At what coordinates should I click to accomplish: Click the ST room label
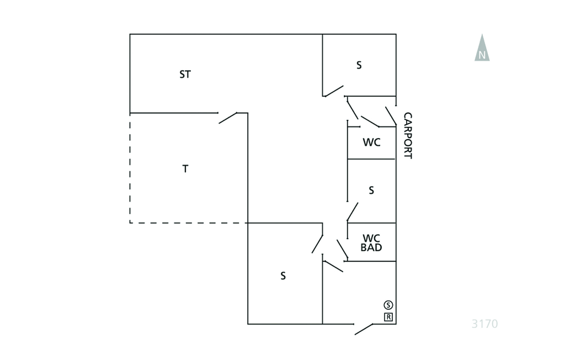click(185, 75)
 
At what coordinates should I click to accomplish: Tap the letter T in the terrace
click(185, 168)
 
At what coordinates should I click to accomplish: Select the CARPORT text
click(408, 136)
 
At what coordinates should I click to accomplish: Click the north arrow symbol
click(482, 47)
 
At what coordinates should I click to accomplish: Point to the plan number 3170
click(484, 324)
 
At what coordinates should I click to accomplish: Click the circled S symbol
click(388, 305)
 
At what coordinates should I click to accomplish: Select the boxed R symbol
click(388, 317)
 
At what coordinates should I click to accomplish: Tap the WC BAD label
click(371, 243)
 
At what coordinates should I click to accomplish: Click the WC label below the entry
click(371, 142)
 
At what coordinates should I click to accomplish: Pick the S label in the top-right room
click(359, 65)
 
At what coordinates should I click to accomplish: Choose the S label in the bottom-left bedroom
click(283, 276)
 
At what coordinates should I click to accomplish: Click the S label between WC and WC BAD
click(371, 190)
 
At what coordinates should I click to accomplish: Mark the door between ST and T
click(228, 118)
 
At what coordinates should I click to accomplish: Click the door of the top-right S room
click(334, 91)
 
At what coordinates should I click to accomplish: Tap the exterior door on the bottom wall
click(364, 329)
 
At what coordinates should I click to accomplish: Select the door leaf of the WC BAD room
click(342, 249)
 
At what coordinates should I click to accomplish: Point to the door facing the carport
click(391, 116)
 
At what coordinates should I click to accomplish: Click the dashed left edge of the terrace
click(130, 168)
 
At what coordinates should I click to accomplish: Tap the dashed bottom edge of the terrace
click(189, 223)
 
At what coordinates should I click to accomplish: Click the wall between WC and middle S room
click(371, 158)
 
